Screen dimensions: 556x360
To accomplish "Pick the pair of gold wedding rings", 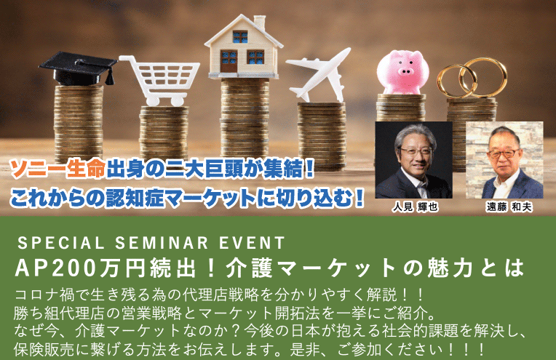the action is (x=472, y=78).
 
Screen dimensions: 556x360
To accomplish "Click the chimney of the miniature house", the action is (x=260, y=22).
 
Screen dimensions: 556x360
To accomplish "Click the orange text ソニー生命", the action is (x=57, y=169).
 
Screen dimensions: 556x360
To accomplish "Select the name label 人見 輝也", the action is (x=415, y=207).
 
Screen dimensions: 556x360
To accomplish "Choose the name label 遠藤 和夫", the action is (x=509, y=207).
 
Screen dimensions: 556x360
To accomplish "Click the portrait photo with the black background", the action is (x=414, y=160).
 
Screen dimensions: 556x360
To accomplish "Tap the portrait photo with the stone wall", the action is (x=504, y=160).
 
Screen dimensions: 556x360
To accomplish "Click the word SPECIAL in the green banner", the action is (x=61, y=244).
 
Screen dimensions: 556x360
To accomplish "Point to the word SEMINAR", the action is (x=162, y=244).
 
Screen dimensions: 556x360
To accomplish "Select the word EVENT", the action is (x=252, y=244).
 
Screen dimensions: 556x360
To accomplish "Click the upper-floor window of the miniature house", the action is (x=240, y=36).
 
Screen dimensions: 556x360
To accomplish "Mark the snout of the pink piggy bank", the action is (x=405, y=71).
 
